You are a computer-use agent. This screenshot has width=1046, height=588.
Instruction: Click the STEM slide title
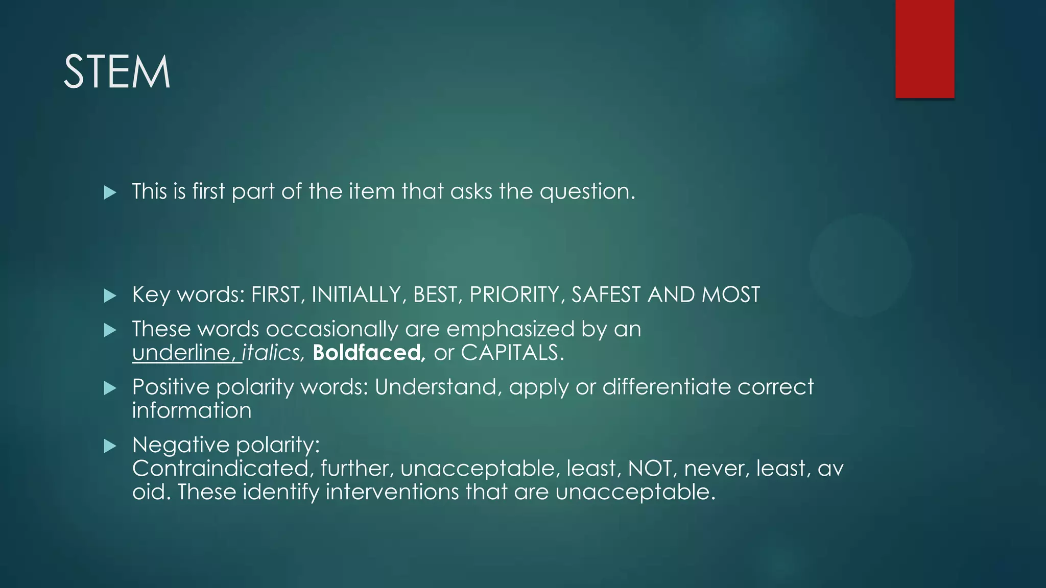(x=116, y=72)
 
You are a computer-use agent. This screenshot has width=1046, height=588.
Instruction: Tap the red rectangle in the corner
(x=924, y=49)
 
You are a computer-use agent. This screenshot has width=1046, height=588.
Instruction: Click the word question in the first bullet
(x=587, y=192)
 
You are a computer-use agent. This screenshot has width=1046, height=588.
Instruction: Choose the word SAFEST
(x=606, y=295)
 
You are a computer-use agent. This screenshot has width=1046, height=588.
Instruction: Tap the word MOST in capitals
(x=731, y=295)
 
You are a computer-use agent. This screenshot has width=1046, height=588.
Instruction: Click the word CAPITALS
(x=512, y=353)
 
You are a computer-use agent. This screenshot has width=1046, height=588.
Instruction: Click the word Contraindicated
(x=220, y=469)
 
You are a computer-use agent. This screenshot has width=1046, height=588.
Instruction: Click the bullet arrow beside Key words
(x=110, y=296)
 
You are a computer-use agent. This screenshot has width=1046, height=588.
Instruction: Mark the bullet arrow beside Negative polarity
(x=110, y=447)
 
